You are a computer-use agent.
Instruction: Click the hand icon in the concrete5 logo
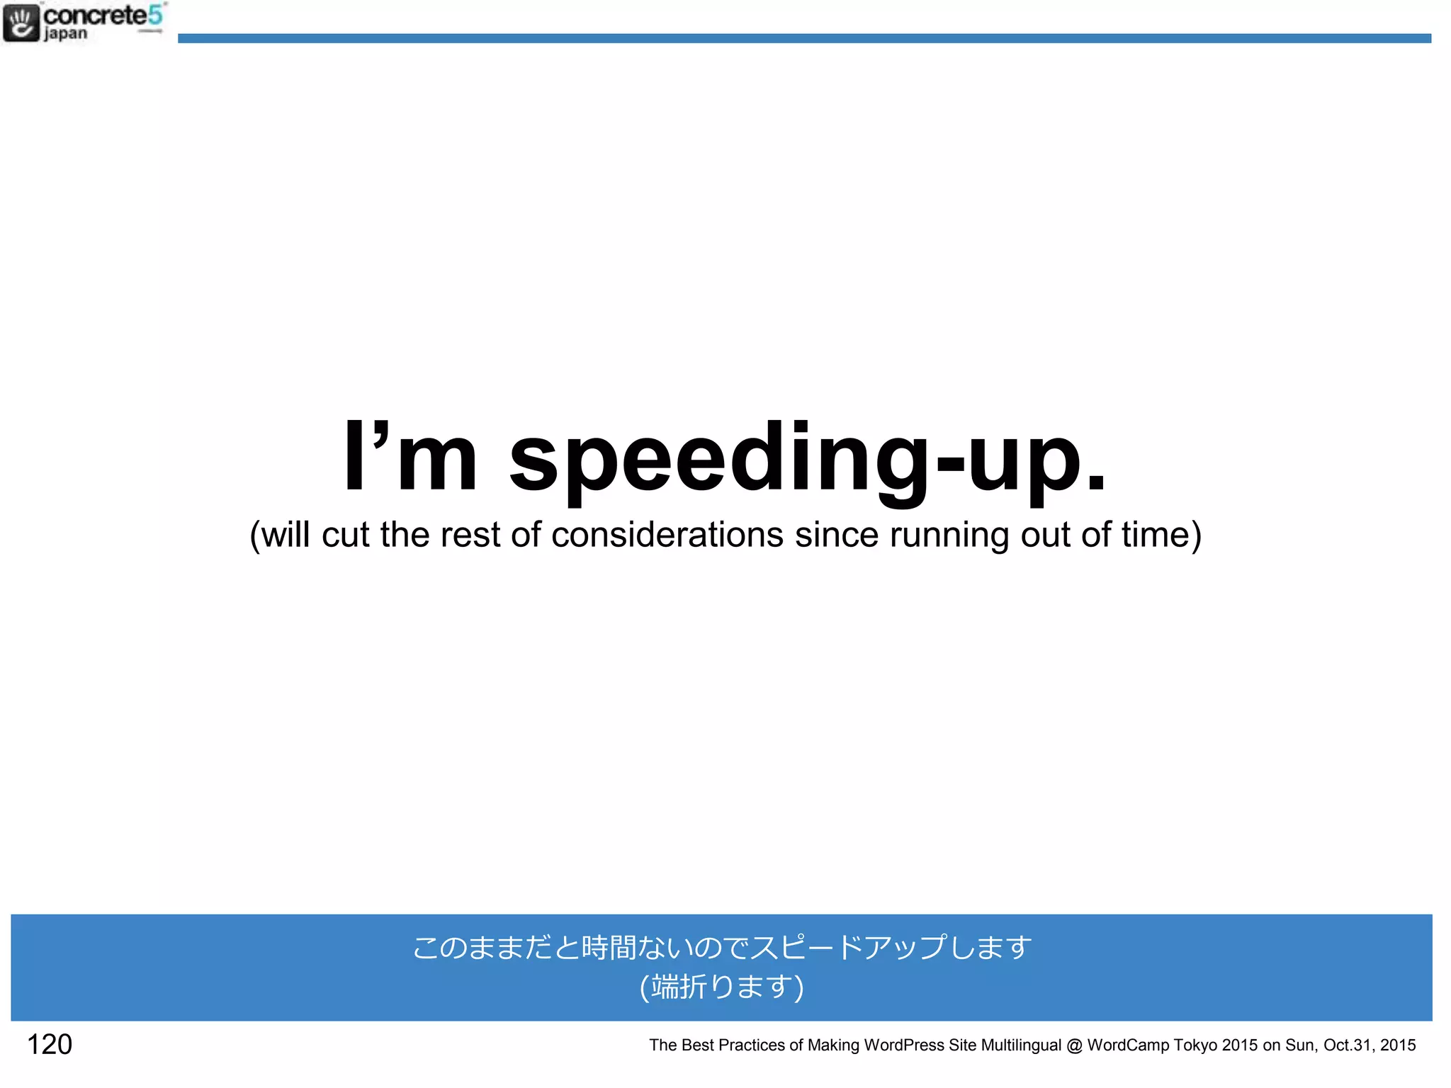[21, 23]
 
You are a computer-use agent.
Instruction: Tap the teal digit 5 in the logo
[155, 14]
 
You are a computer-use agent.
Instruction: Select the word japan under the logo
[66, 33]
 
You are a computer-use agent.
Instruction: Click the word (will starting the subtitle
[280, 535]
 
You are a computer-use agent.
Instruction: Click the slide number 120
[50, 1044]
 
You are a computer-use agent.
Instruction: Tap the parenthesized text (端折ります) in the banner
[722, 986]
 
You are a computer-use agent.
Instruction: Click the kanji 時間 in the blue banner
[609, 947]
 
